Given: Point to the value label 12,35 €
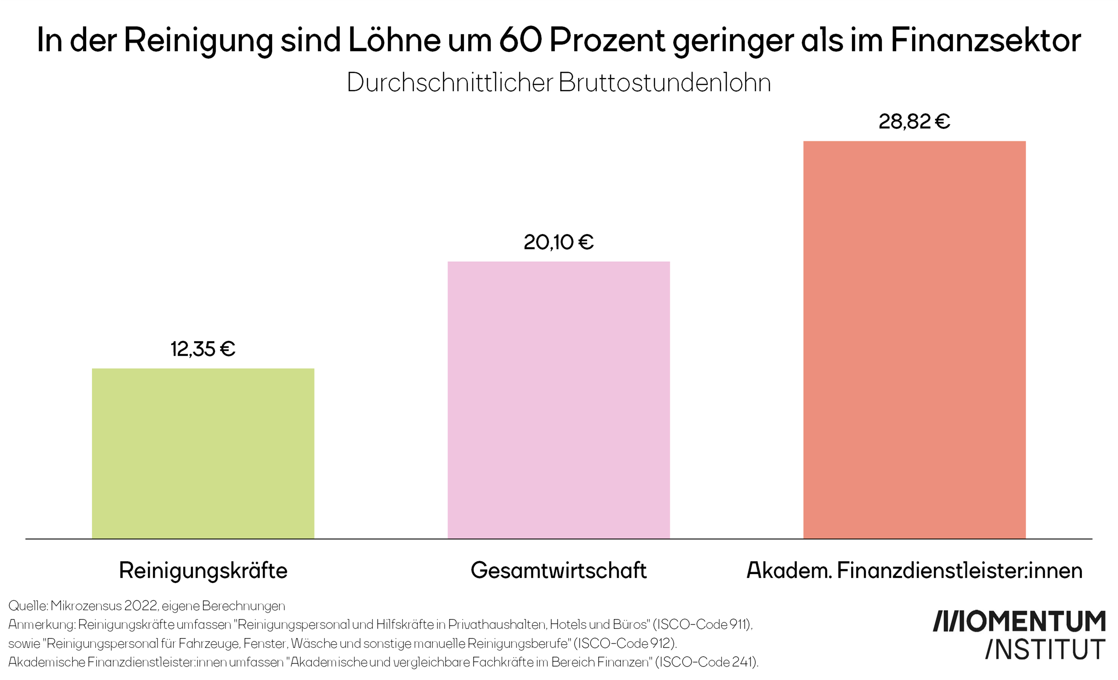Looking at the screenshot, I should tap(203, 349).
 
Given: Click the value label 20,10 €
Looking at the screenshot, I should tap(559, 242).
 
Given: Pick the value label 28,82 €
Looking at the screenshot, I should tap(914, 122).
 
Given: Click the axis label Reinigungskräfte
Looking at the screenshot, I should tap(203, 570).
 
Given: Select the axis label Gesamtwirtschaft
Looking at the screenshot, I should tap(559, 570).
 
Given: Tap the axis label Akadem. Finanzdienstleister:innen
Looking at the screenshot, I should tap(914, 570).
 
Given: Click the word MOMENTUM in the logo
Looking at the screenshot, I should tap(1035, 622).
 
